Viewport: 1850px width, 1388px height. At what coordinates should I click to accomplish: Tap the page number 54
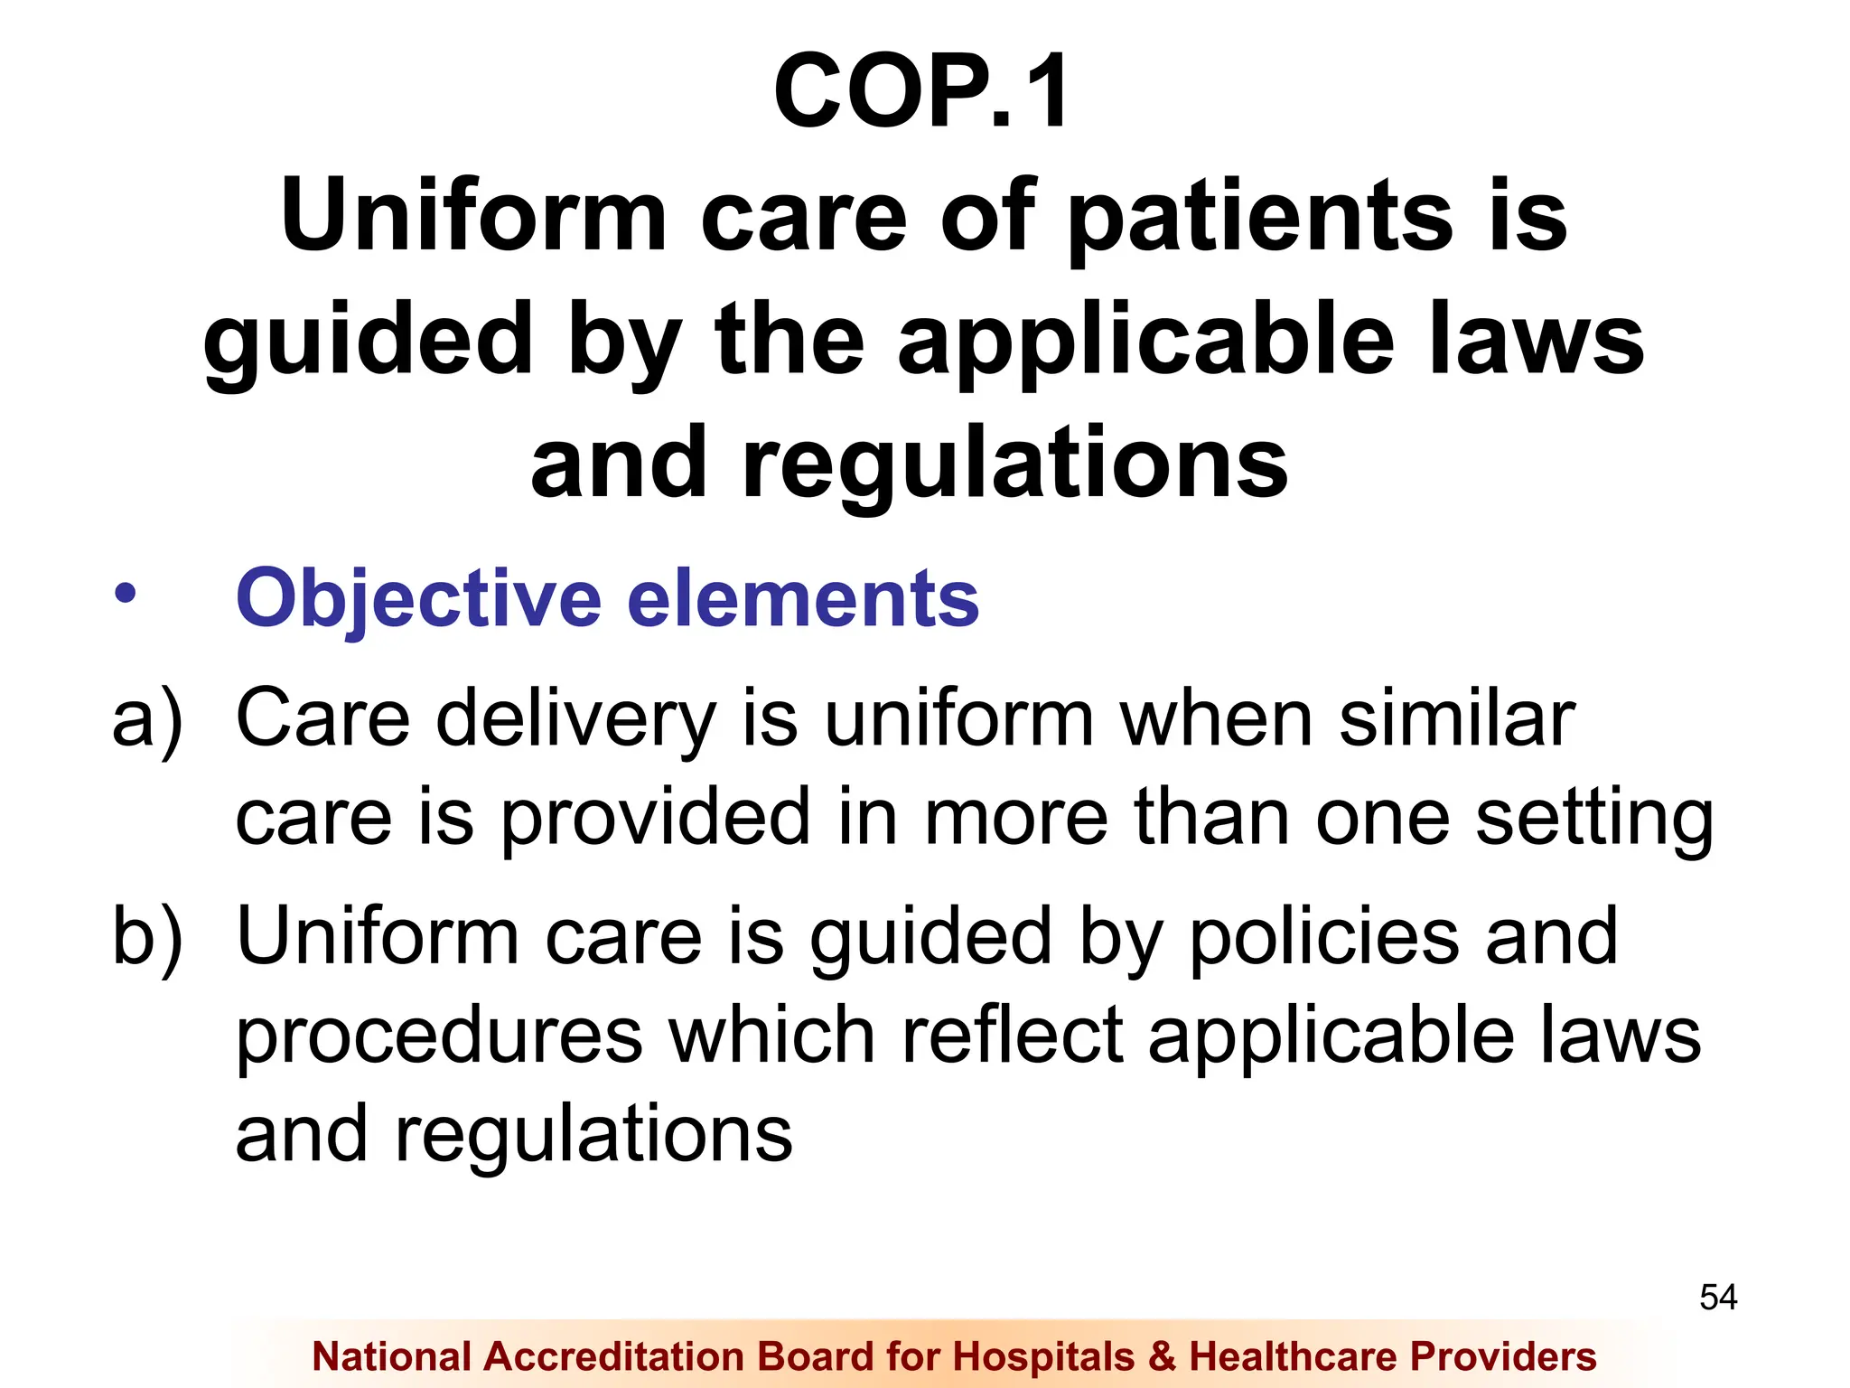1718,1298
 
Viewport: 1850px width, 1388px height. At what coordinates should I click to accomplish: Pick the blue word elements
803,598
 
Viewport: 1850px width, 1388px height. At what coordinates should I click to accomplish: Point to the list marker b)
147,938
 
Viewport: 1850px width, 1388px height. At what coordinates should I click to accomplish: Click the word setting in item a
1594,819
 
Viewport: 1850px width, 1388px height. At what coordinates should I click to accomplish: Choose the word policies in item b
1323,938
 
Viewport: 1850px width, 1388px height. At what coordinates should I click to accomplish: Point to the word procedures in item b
439,1037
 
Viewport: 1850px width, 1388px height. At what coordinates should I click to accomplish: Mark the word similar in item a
1456,719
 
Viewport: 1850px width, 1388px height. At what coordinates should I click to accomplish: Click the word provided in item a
656,819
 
